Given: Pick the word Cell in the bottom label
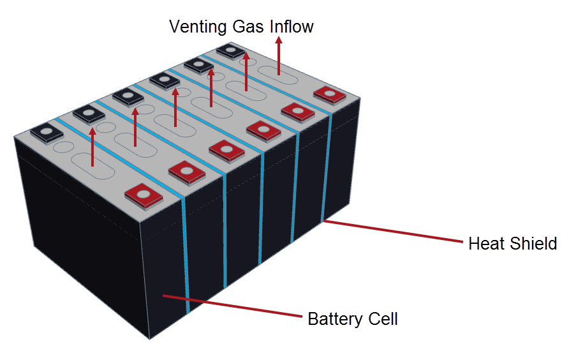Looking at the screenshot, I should (383, 319).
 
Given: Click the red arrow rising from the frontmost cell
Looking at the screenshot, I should (92, 147).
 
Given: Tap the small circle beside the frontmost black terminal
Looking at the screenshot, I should (64, 147).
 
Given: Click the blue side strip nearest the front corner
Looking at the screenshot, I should (186, 255).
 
